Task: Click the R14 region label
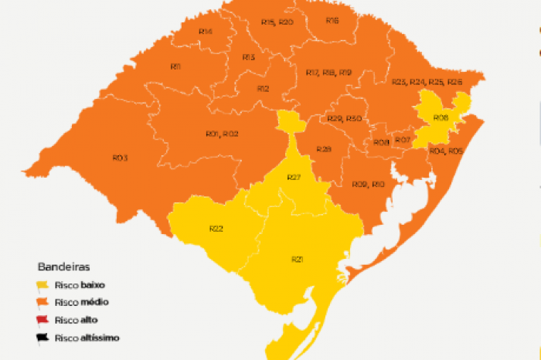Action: (x=206, y=31)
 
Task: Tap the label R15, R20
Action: (x=277, y=22)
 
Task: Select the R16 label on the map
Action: (x=332, y=20)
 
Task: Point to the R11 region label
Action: (x=175, y=66)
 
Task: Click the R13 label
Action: (x=248, y=57)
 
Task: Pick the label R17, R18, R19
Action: (x=328, y=73)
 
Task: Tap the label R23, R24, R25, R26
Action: (x=427, y=82)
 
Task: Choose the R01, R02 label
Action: (x=222, y=134)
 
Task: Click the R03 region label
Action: (x=120, y=158)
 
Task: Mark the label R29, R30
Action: (x=344, y=118)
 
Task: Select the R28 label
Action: (x=324, y=149)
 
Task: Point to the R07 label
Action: (x=402, y=141)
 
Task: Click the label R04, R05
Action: (x=445, y=151)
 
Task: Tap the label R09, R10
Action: (x=368, y=184)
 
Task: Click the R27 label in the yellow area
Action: (x=294, y=178)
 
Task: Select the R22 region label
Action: (x=216, y=228)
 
